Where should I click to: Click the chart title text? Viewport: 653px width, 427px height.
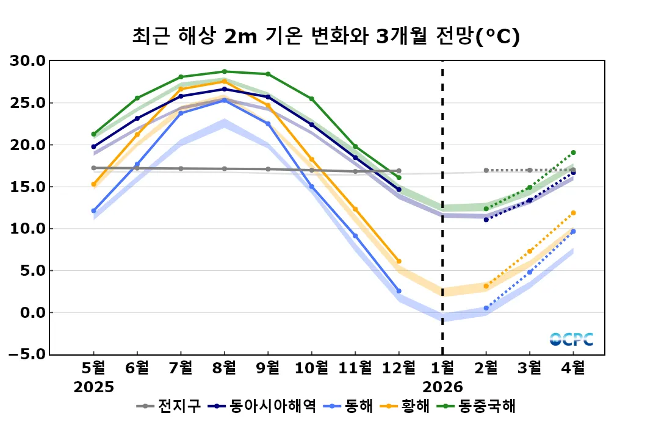(326, 37)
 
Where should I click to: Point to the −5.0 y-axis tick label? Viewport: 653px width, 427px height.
(26, 354)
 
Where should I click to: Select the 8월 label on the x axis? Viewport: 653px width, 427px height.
(224, 368)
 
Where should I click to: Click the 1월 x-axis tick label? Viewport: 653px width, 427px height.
(442, 368)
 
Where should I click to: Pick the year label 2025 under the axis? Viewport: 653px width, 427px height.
(93, 387)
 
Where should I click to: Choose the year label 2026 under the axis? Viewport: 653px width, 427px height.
(442, 387)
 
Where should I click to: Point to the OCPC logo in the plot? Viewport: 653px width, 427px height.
(571, 339)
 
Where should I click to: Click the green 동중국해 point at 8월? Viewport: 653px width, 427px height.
(224, 71)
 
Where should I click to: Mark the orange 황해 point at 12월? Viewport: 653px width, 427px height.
(399, 261)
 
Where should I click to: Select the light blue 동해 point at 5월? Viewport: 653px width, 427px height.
(93, 210)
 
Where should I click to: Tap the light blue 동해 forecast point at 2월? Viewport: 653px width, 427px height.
(486, 308)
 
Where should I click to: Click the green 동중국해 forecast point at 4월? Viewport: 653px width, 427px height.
(573, 152)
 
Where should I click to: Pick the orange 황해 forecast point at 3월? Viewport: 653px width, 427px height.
(529, 251)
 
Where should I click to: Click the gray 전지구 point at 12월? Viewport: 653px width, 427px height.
(399, 171)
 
